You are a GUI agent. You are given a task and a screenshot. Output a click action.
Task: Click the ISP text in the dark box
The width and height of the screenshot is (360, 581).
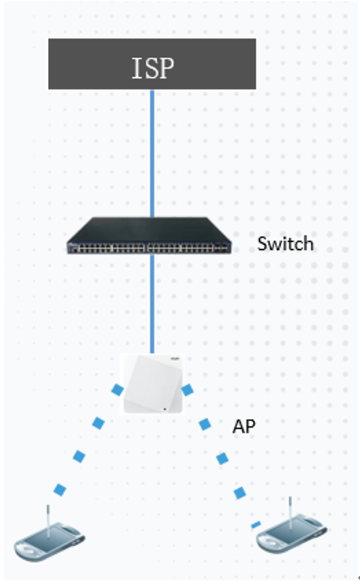(x=153, y=68)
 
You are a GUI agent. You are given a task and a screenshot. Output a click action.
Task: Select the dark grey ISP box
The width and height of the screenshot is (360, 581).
(x=152, y=64)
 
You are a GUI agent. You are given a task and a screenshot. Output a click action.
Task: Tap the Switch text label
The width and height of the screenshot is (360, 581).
(x=286, y=243)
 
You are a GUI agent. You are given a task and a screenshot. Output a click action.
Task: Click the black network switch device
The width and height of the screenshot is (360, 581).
(x=149, y=236)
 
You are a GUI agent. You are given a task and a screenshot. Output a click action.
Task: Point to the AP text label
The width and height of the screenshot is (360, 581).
(x=244, y=427)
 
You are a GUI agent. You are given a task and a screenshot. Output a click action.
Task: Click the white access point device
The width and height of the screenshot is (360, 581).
(x=153, y=384)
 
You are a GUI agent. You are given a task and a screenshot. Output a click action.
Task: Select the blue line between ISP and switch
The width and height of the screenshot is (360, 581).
(x=152, y=153)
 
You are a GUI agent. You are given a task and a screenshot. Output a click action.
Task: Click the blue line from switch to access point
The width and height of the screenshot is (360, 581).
(x=152, y=304)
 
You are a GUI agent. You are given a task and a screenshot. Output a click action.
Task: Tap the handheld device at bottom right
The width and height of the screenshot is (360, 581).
(x=291, y=530)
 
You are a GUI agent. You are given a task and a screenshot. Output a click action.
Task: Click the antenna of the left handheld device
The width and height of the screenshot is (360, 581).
(x=48, y=520)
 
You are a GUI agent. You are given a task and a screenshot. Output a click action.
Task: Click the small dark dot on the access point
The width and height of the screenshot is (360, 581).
(x=165, y=410)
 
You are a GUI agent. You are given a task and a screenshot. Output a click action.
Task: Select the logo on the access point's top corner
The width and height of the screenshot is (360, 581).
(x=175, y=359)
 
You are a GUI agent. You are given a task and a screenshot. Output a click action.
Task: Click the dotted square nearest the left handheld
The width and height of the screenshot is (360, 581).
(x=60, y=490)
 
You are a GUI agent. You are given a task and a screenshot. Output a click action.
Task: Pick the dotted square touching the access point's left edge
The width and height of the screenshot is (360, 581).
(x=118, y=390)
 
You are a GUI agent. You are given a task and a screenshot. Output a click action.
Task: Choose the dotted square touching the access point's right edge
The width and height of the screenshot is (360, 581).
(x=187, y=390)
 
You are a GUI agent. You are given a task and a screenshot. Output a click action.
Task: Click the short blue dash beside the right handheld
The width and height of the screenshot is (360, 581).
(x=256, y=525)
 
